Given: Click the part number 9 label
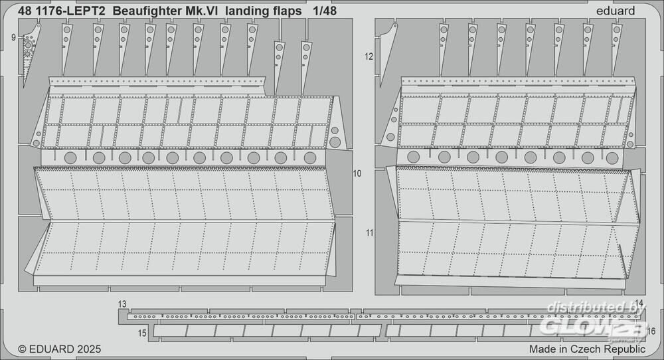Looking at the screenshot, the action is pyautogui.click(x=13, y=37).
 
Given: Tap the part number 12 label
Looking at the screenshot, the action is pyautogui.click(x=369, y=56).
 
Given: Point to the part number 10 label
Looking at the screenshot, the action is pyautogui.click(x=357, y=173).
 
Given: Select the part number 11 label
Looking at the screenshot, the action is pyautogui.click(x=370, y=232).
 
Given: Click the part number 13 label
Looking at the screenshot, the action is pyautogui.click(x=122, y=304).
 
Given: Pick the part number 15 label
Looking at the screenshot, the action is pyautogui.click(x=142, y=333).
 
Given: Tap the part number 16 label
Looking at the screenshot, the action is pyautogui.click(x=651, y=331).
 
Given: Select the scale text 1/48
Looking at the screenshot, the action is pyautogui.click(x=325, y=11).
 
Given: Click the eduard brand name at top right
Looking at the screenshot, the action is pyautogui.click(x=616, y=11).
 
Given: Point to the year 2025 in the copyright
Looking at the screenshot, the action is pyautogui.click(x=89, y=349).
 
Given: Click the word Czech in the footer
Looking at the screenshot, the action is pyautogui.click(x=586, y=349).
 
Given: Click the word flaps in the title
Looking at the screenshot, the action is pyautogui.click(x=288, y=11).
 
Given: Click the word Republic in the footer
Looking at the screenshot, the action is pyautogui.click(x=625, y=349).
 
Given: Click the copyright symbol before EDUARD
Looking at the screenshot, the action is pyautogui.click(x=22, y=349).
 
